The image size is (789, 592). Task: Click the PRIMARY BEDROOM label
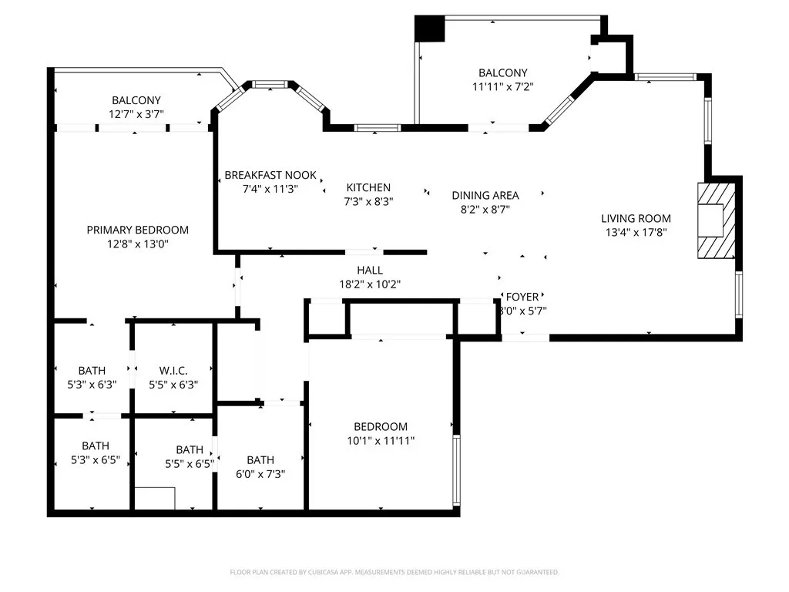coord(137,230)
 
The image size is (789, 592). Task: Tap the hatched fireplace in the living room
coord(716,220)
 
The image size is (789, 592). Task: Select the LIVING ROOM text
coord(636,218)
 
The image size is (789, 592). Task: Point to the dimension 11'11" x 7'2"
coord(502,87)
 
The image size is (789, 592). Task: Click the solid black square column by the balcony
coord(430,29)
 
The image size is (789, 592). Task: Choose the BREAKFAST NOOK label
coord(270,175)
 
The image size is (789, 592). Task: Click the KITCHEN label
coord(368,187)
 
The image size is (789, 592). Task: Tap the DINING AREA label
coord(485,195)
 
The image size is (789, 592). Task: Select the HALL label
coord(369,270)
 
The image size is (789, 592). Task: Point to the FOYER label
coord(522,297)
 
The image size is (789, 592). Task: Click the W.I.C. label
coord(173,371)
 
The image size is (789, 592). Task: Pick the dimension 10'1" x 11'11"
coord(381,440)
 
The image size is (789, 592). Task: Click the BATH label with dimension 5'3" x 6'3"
coord(92,371)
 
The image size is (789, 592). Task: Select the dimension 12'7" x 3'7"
coord(136,114)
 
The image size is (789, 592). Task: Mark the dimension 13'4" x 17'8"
coord(636,232)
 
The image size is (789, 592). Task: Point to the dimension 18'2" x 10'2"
coord(369,284)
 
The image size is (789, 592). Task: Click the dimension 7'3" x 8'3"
coord(368,201)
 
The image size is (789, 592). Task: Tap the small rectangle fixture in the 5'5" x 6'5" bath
coord(154,498)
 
